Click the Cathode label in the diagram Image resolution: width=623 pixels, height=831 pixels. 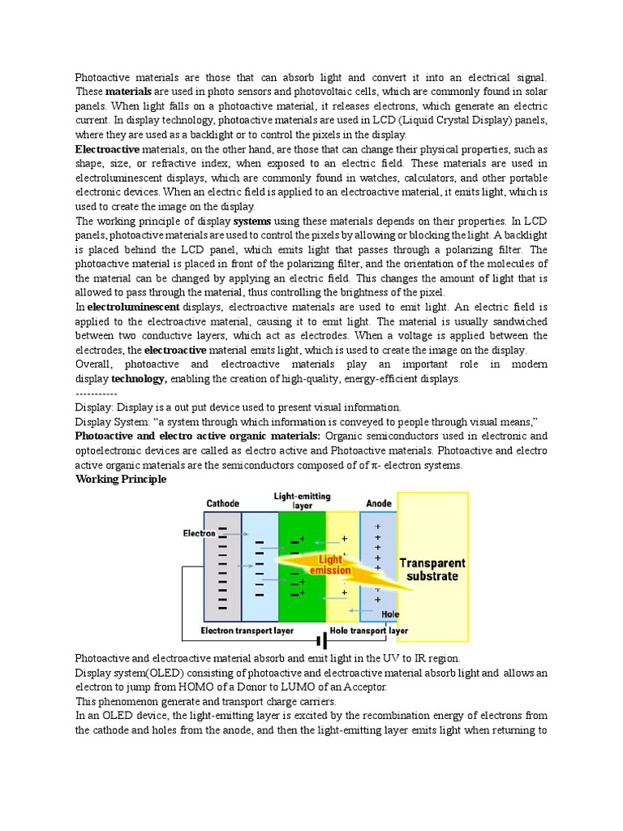tap(222, 503)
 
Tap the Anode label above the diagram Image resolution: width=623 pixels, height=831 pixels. tap(379, 503)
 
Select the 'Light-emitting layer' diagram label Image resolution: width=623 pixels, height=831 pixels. tap(302, 500)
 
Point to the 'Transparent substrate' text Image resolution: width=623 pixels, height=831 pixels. tap(432, 570)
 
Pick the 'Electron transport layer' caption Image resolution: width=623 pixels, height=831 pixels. tap(250, 631)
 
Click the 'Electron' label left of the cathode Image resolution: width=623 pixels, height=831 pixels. tap(199, 533)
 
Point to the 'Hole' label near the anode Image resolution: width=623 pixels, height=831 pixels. tap(390, 614)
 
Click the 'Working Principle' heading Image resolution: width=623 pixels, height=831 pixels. tap(121, 480)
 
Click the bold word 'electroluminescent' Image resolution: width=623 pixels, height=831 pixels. tap(133, 308)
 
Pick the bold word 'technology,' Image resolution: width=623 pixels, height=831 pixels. tap(139, 379)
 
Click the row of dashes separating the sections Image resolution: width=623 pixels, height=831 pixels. tap(97, 393)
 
